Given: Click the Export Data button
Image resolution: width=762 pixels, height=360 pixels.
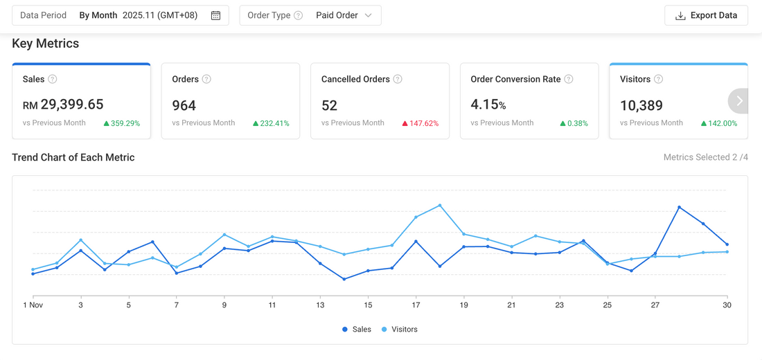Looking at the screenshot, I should [706, 15].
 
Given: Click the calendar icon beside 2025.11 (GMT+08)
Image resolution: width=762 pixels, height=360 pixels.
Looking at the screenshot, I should [215, 15].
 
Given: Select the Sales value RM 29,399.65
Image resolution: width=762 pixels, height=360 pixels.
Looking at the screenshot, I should [63, 105].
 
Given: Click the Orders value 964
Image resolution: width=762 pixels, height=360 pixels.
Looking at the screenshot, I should [184, 105].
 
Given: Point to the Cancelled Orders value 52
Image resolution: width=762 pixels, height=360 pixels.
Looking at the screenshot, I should [329, 105].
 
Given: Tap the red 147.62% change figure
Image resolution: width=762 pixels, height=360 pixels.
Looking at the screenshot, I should [420, 123].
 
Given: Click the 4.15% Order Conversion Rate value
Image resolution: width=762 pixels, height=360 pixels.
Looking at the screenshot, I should [488, 105].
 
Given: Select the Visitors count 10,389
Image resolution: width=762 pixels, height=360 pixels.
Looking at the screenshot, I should [641, 105].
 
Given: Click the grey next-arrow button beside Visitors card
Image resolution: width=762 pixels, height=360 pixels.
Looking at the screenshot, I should [739, 101].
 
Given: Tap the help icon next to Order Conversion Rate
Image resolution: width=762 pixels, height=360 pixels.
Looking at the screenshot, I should [569, 79].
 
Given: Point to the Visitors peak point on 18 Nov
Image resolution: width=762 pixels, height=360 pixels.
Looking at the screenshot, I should [440, 205].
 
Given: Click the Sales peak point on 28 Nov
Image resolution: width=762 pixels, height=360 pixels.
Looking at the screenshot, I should [679, 207].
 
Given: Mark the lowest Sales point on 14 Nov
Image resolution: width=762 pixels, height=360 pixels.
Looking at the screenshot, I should [344, 279].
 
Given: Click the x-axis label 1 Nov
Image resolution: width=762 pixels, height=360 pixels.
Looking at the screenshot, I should [33, 305].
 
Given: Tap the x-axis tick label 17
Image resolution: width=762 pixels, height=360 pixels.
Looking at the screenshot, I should [416, 305].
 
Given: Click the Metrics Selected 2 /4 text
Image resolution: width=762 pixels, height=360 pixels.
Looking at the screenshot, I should [705, 157].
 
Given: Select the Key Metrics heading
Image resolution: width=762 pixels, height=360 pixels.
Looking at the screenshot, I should [46, 44].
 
